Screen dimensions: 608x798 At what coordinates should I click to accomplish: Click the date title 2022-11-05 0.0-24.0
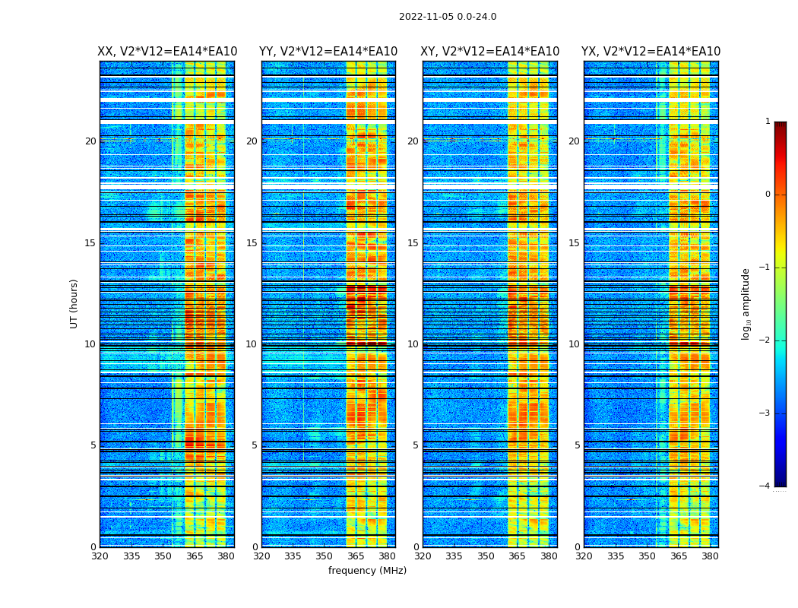click(x=447, y=17)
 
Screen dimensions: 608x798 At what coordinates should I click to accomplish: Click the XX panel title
click(x=167, y=52)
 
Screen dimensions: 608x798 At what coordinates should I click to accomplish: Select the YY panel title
click(x=328, y=52)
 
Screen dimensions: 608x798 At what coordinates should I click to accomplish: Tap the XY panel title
click(x=490, y=52)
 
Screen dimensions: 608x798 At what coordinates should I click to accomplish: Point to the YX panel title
click(x=651, y=52)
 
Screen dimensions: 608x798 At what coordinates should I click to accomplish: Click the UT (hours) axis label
click(x=74, y=303)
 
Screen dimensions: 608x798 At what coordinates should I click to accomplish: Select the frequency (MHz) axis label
click(x=367, y=571)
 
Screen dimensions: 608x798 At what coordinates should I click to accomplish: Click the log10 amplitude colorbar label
click(x=746, y=303)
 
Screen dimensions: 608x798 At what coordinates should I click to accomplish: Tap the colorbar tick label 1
click(x=768, y=122)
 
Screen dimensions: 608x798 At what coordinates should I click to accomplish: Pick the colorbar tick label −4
click(x=765, y=486)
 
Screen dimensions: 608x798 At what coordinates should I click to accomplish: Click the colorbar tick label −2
click(x=765, y=340)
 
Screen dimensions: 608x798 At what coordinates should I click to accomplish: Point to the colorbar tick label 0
click(x=768, y=195)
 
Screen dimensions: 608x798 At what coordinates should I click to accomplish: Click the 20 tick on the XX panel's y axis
click(x=90, y=141)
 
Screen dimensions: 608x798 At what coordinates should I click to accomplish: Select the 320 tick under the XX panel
click(x=100, y=556)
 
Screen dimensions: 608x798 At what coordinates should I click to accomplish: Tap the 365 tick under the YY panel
click(x=356, y=556)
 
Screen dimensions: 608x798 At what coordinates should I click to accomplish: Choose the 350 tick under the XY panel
click(x=485, y=556)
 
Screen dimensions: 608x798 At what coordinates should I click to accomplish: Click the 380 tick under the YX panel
click(x=710, y=556)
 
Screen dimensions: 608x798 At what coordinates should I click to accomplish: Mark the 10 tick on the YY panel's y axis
click(x=252, y=344)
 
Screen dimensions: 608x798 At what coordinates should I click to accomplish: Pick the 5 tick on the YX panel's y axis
click(x=577, y=445)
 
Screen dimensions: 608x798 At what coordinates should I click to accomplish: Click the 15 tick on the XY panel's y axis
click(x=413, y=243)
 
